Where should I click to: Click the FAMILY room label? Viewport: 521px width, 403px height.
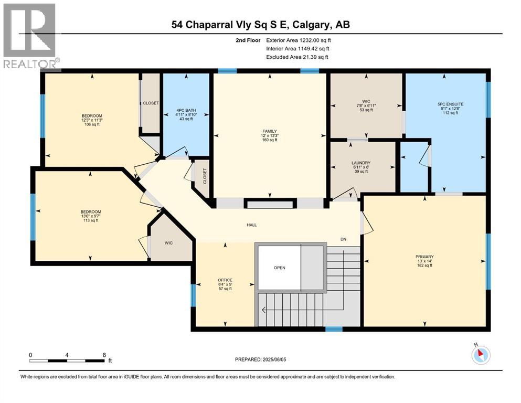tap(269, 132)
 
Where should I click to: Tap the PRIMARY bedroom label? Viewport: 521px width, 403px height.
tap(424, 257)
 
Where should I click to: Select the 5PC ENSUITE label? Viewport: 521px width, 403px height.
tap(450, 104)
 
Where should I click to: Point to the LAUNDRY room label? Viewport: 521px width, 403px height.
tap(361, 163)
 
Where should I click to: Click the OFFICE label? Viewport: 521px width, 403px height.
tap(225, 280)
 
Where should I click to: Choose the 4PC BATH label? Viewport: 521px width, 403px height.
tap(186, 110)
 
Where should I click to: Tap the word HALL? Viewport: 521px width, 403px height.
tap(251, 225)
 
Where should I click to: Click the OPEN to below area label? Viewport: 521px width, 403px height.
tap(280, 268)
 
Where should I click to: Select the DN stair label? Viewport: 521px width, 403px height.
tap(343, 239)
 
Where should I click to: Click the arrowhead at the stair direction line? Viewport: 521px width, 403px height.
tap(264, 310)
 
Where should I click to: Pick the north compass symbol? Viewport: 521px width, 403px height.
tap(481, 355)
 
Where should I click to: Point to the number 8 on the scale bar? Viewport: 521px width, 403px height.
tap(104, 355)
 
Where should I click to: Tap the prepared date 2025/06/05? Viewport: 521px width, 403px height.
tap(274, 359)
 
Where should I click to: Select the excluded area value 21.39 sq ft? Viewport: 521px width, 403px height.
tap(315, 57)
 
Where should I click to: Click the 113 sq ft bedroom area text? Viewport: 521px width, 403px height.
tap(91, 220)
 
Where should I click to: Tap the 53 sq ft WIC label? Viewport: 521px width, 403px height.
tap(366, 110)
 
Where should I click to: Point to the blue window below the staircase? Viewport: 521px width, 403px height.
tap(334, 329)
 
